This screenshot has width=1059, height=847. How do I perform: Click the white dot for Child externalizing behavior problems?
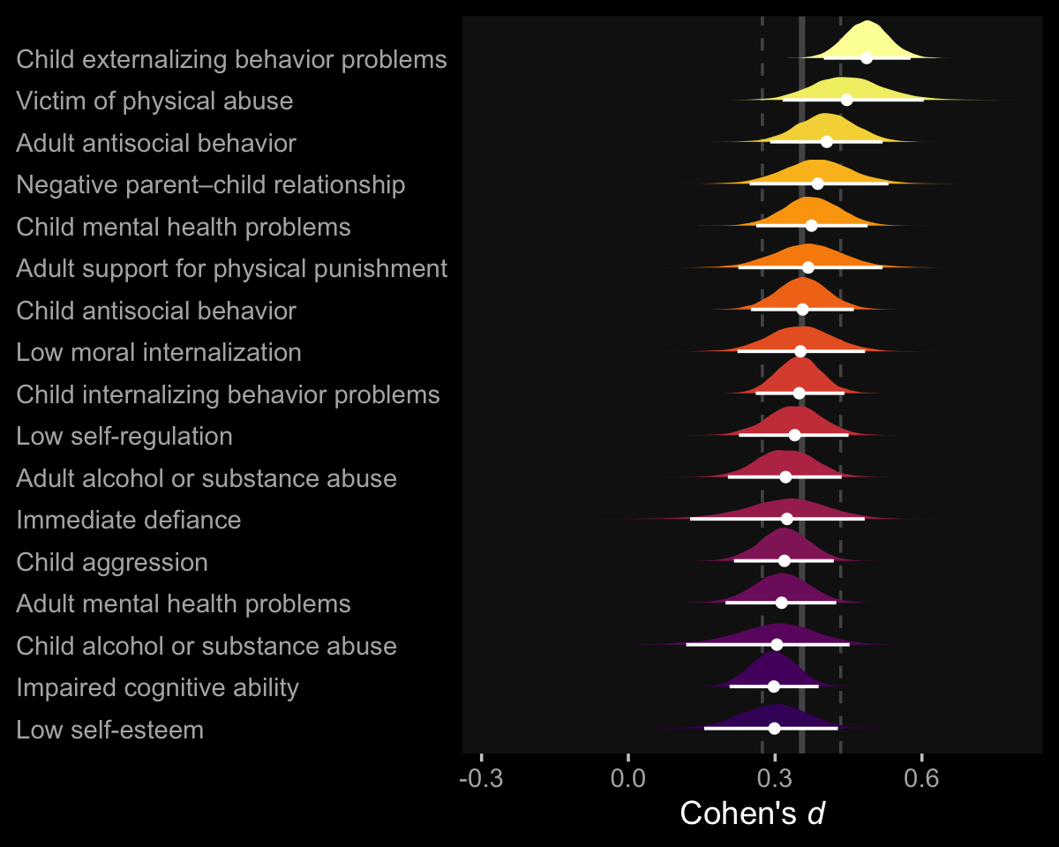tap(867, 58)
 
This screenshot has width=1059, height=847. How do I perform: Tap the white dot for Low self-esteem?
tap(774, 729)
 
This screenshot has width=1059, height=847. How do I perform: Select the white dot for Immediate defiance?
tap(787, 519)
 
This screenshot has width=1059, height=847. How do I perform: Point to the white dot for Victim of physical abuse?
tap(846, 100)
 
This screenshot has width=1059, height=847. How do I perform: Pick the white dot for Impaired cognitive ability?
tap(774, 686)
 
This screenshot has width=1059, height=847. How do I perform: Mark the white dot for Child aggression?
tap(785, 560)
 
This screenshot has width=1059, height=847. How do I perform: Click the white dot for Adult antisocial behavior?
tap(827, 141)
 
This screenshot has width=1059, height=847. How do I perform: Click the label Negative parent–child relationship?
tap(211, 185)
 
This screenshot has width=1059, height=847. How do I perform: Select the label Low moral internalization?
tap(159, 353)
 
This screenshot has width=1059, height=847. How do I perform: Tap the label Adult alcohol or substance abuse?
tap(207, 479)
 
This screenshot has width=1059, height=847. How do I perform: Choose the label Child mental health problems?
tap(184, 228)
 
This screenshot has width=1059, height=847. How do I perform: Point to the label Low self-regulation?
tap(124, 437)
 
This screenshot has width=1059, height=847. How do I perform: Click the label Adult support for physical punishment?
tap(232, 269)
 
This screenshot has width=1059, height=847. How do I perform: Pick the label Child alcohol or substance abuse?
tap(207, 647)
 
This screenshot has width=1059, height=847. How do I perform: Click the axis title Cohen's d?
tap(752, 813)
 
